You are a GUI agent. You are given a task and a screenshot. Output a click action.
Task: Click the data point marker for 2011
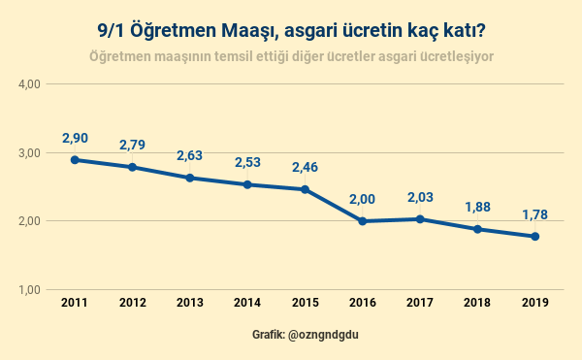click(x=75, y=160)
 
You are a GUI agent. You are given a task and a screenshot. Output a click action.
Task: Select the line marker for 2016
click(x=362, y=221)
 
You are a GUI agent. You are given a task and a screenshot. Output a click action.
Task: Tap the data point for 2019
click(x=534, y=237)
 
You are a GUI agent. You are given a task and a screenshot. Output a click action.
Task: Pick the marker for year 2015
click(x=305, y=189)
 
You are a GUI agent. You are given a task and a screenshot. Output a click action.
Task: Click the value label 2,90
click(x=75, y=139)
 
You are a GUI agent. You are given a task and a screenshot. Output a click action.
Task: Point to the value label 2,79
click(x=132, y=146)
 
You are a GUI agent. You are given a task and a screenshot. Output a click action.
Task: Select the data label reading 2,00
click(x=362, y=200)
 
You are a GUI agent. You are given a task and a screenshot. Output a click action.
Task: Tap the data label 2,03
click(x=420, y=198)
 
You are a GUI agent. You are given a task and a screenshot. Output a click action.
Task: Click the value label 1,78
click(x=534, y=214)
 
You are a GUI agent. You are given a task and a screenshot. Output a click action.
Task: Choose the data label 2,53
click(x=247, y=163)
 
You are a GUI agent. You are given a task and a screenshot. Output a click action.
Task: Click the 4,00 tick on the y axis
click(x=29, y=84)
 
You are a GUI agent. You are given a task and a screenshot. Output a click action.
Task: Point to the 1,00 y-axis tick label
click(x=29, y=290)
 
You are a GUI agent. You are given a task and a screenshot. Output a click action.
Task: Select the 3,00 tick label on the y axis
click(x=29, y=153)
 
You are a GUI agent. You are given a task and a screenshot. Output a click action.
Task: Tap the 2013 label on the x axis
click(x=189, y=303)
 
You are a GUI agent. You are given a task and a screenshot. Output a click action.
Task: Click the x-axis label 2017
click(x=420, y=303)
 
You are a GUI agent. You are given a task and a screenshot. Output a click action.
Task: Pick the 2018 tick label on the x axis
click(x=477, y=303)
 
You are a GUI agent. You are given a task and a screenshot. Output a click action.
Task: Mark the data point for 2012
click(x=132, y=167)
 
